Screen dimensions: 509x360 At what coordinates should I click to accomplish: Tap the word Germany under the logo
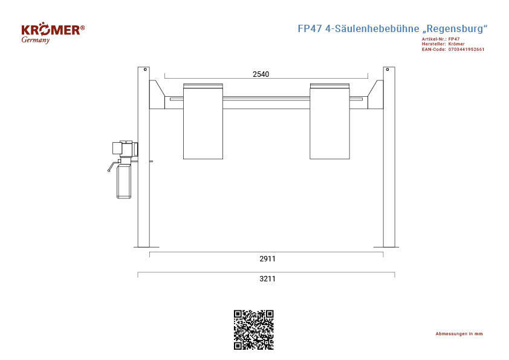pos(36,40)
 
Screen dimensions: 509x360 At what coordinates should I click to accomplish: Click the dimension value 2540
pos(261,74)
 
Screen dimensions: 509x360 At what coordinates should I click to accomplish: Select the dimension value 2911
pos(267,258)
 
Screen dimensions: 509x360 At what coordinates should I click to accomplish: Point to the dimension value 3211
pos(267,278)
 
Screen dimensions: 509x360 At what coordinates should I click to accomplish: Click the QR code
pos(254,330)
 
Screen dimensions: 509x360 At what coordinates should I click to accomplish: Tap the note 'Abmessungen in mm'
pos(459,334)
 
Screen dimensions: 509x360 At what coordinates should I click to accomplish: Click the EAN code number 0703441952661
pos(466,50)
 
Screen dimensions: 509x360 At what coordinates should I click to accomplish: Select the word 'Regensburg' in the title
pos(455,28)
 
